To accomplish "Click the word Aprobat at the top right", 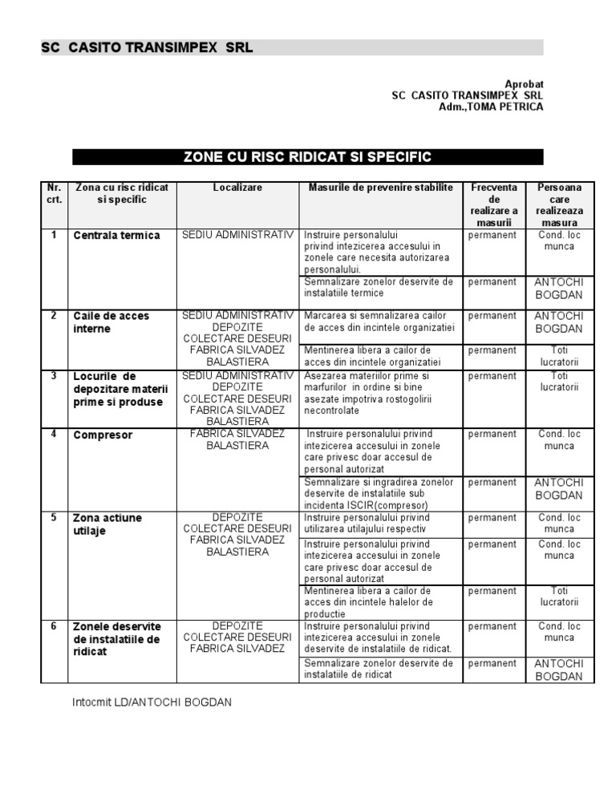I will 524,83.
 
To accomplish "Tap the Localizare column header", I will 237,188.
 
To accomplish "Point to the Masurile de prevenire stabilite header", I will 380,188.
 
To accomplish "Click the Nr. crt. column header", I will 54,193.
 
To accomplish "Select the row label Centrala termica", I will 116,236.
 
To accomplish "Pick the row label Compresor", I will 103,435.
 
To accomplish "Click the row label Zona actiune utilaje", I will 107,524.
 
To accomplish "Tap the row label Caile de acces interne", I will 111,322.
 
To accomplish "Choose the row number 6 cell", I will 54,626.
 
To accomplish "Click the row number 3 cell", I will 54,375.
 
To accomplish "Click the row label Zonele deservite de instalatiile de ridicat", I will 116,639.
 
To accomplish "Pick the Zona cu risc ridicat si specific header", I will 121,193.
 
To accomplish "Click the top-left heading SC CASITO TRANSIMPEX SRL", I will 147,47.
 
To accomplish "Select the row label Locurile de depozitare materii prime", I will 117,389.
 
